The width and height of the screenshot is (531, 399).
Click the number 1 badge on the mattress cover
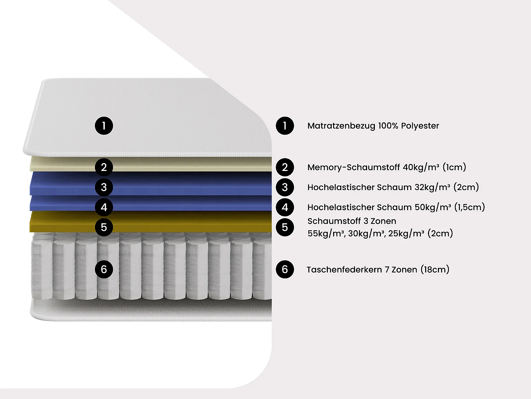[104, 126]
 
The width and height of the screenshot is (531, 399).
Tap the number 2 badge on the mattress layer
[104, 167]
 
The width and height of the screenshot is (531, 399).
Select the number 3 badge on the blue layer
[104, 187]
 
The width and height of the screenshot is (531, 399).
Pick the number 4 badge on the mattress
[104, 207]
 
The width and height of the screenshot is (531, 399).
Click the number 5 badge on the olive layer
[104, 227]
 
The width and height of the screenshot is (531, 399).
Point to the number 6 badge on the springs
[104, 269]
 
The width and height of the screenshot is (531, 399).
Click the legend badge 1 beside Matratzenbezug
[285, 126]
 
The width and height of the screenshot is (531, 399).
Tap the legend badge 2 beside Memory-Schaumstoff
[285, 167]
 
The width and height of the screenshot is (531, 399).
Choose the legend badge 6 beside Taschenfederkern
[285, 269]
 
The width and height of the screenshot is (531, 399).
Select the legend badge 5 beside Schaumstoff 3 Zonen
[285, 227]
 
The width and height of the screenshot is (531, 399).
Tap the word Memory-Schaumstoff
[353, 167]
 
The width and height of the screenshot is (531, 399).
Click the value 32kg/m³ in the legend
[432, 187]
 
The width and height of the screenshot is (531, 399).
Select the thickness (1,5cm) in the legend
[469, 207]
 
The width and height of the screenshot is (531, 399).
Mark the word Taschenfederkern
[344, 270]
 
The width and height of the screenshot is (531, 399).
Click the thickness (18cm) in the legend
[435, 270]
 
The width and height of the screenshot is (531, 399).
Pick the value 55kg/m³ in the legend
[326, 233]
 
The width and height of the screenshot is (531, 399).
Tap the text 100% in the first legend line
[388, 126]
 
